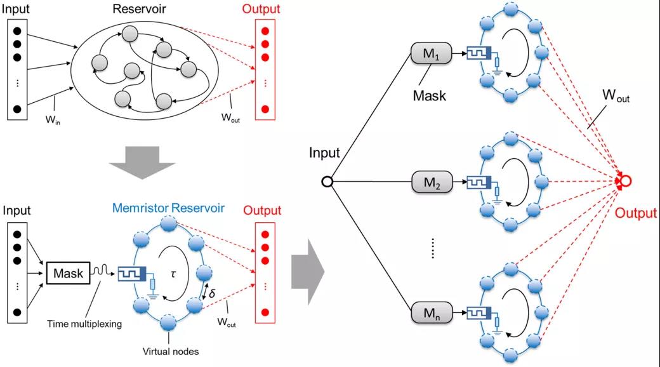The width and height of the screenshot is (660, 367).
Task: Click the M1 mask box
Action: pyautogui.click(x=431, y=53)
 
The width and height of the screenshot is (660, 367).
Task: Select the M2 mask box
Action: pyautogui.click(x=432, y=182)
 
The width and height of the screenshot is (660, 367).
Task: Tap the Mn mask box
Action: pyautogui.click(x=432, y=312)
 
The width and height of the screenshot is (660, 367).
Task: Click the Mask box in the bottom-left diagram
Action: pyautogui.click(x=68, y=273)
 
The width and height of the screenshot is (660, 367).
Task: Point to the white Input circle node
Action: pyautogui.click(x=327, y=182)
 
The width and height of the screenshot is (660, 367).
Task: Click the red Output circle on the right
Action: pyautogui.click(x=626, y=181)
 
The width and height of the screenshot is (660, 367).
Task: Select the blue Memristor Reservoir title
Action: pyautogui.click(x=168, y=208)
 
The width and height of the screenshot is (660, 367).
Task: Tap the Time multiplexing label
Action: pyautogui.click(x=84, y=324)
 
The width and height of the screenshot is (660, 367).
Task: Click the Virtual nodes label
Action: pyautogui.click(x=171, y=351)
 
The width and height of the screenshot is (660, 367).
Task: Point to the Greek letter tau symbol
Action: pyautogui.click(x=173, y=274)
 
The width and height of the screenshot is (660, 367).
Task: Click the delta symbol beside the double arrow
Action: pyautogui.click(x=212, y=293)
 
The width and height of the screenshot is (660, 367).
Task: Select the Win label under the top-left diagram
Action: pyautogui.click(x=53, y=119)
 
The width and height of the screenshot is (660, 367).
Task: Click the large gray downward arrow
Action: pyautogui.click(x=142, y=162)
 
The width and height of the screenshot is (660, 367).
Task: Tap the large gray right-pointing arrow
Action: pyautogui.click(x=308, y=272)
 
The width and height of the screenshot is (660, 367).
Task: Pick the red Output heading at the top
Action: pyautogui.click(x=261, y=9)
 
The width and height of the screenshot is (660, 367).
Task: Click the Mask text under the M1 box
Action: pyautogui.click(x=429, y=96)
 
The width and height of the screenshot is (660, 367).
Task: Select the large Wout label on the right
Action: pyautogui.click(x=616, y=95)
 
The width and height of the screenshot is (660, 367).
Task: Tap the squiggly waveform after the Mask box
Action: pyautogui.click(x=101, y=270)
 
